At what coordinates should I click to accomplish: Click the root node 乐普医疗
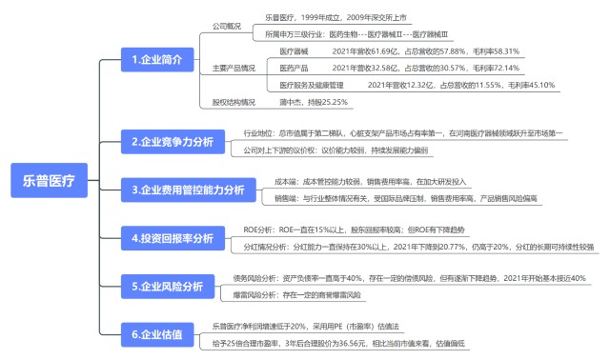click(x=49, y=176)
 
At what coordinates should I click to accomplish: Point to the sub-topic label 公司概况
click(x=227, y=25)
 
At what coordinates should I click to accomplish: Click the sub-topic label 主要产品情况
click(x=232, y=69)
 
